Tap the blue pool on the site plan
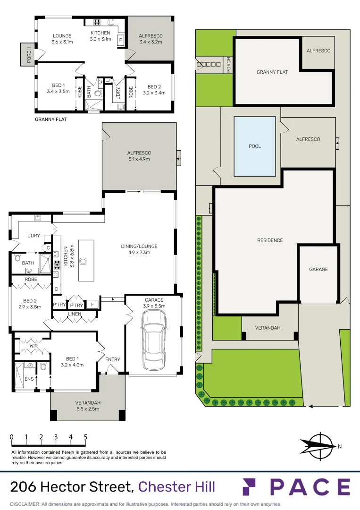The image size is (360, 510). (x=255, y=146)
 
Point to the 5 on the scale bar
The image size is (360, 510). (x=85, y=437)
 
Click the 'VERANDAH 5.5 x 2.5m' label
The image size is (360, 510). (x=87, y=406)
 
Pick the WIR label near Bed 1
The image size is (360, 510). (x=33, y=346)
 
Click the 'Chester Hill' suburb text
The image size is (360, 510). (x=176, y=486)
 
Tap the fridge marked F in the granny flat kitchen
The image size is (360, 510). (x=121, y=40)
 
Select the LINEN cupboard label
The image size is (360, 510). (x=75, y=314)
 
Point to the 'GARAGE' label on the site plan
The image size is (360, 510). (x=318, y=269)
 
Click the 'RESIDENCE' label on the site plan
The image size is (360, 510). (x=270, y=240)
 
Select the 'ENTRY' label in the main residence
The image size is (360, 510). (x=112, y=359)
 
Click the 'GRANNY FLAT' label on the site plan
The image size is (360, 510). (x=272, y=72)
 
